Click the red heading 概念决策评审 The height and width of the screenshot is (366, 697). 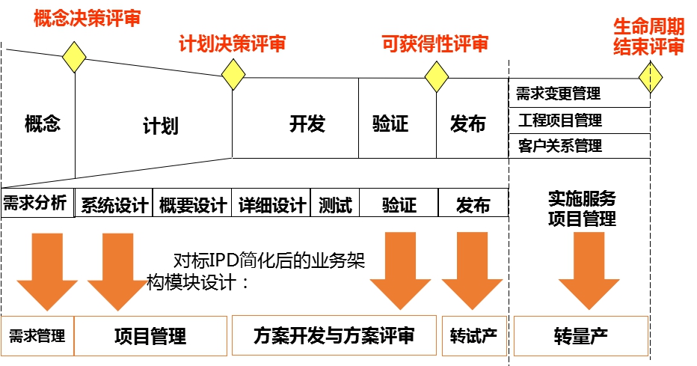click(x=87, y=19)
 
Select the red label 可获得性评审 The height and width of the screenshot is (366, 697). click(x=435, y=44)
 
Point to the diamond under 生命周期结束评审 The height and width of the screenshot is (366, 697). click(x=651, y=76)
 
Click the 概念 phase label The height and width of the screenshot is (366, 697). click(x=42, y=124)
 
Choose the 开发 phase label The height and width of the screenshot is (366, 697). click(x=307, y=124)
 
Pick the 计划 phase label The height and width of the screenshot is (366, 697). click(x=160, y=126)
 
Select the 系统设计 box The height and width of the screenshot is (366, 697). click(x=114, y=204)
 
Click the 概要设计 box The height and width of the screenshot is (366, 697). click(x=192, y=204)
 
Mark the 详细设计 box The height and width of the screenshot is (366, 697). click(x=271, y=204)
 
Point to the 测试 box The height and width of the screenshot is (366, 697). click(x=334, y=204)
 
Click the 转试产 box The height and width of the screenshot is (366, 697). click(x=473, y=336)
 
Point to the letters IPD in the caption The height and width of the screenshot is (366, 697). click(x=224, y=262)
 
